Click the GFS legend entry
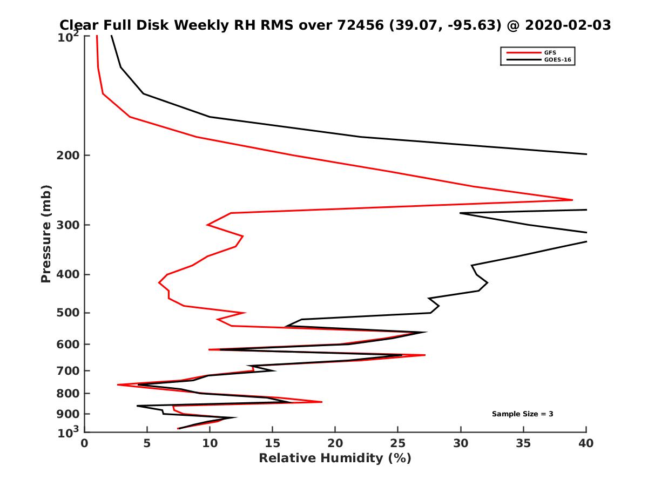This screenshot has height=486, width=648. (550, 52)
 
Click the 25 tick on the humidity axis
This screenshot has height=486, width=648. (398, 444)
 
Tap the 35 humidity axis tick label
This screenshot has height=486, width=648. (523, 444)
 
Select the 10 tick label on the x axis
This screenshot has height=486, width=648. (210, 444)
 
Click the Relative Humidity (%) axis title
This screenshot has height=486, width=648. (335, 459)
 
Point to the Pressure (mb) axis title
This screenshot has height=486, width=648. (46, 233)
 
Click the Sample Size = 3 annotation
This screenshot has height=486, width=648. (522, 414)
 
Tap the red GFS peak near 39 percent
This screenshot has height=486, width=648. (572, 200)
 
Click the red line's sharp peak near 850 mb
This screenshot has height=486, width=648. (322, 402)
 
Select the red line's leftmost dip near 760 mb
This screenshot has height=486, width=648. (118, 384)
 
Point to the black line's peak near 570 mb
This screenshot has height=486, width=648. (427, 333)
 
